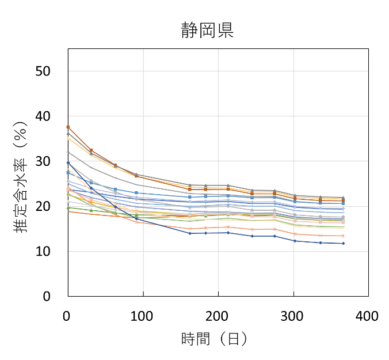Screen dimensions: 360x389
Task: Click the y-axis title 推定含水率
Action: (21, 173)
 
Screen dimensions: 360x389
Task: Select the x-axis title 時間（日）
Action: (214, 339)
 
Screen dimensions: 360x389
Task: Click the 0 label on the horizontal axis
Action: (68, 316)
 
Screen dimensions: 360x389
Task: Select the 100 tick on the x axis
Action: (143, 316)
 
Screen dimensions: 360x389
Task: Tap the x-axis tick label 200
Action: (218, 316)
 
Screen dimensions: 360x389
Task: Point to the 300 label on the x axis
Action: (293, 316)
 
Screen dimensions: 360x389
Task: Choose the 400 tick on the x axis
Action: (367, 316)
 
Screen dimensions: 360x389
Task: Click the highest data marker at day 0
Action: (68, 127)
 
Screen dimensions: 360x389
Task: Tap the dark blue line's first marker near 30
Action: (68, 163)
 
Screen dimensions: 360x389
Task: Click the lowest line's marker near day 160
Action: (189, 233)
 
